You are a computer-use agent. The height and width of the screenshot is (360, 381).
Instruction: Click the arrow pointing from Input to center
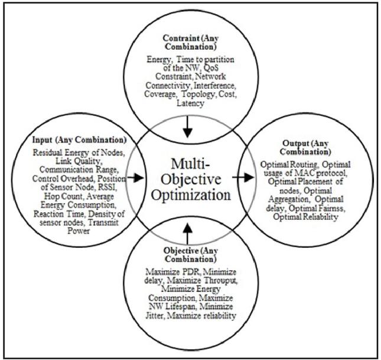(x=134, y=177)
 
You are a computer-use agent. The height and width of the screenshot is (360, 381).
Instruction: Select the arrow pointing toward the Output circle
(x=241, y=177)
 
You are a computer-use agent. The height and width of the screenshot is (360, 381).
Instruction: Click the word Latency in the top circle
(x=190, y=103)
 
